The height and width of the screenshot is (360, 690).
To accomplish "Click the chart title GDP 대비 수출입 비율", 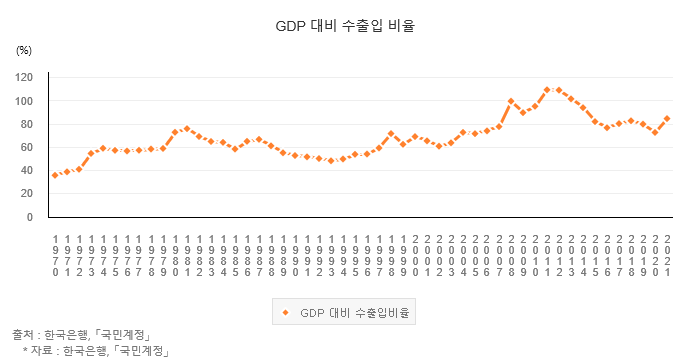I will pyautogui.click(x=345, y=26).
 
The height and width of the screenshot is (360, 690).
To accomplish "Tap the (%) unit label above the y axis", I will pyautogui.click(x=24, y=50).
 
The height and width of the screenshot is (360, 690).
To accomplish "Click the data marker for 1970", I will pyautogui.click(x=55, y=175).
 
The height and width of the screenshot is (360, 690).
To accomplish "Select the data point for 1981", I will pyautogui.click(x=187, y=129).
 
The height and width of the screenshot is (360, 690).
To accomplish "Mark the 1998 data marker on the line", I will pyautogui.click(x=391, y=133).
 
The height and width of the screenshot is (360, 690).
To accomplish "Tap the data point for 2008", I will pyautogui.click(x=511, y=101).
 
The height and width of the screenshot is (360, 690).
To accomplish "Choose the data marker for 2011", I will pyautogui.click(x=547, y=89).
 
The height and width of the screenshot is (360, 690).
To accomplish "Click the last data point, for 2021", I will pyautogui.click(x=667, y=118).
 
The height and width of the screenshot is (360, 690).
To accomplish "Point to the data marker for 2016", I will pyautogui.click(x=607, y=128).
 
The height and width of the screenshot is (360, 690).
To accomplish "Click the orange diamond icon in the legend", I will pyautogui.click(x=285, y=312).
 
